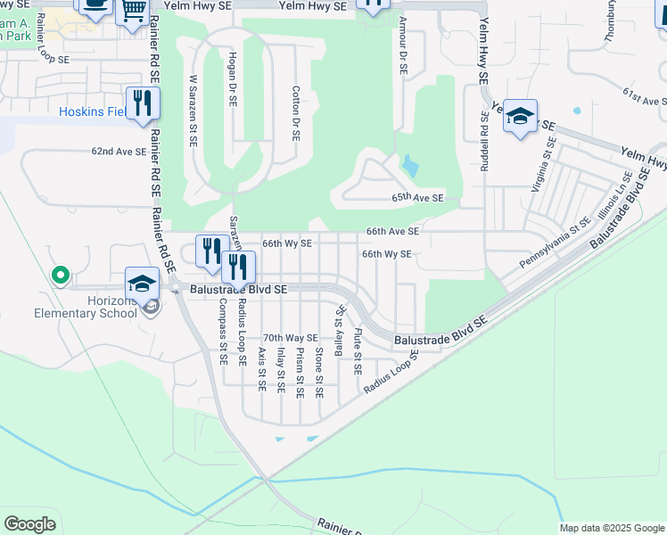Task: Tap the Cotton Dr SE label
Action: tap(295, 113)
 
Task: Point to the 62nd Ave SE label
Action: tap(119, 152)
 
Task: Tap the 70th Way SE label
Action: tap(290, 338)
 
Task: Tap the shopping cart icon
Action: tap(133, 12)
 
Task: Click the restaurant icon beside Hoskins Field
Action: tap(142, 103)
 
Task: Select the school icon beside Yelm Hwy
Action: tap(520, 117)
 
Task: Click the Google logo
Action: tap(29, 524)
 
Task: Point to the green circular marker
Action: tap(60, 276)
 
